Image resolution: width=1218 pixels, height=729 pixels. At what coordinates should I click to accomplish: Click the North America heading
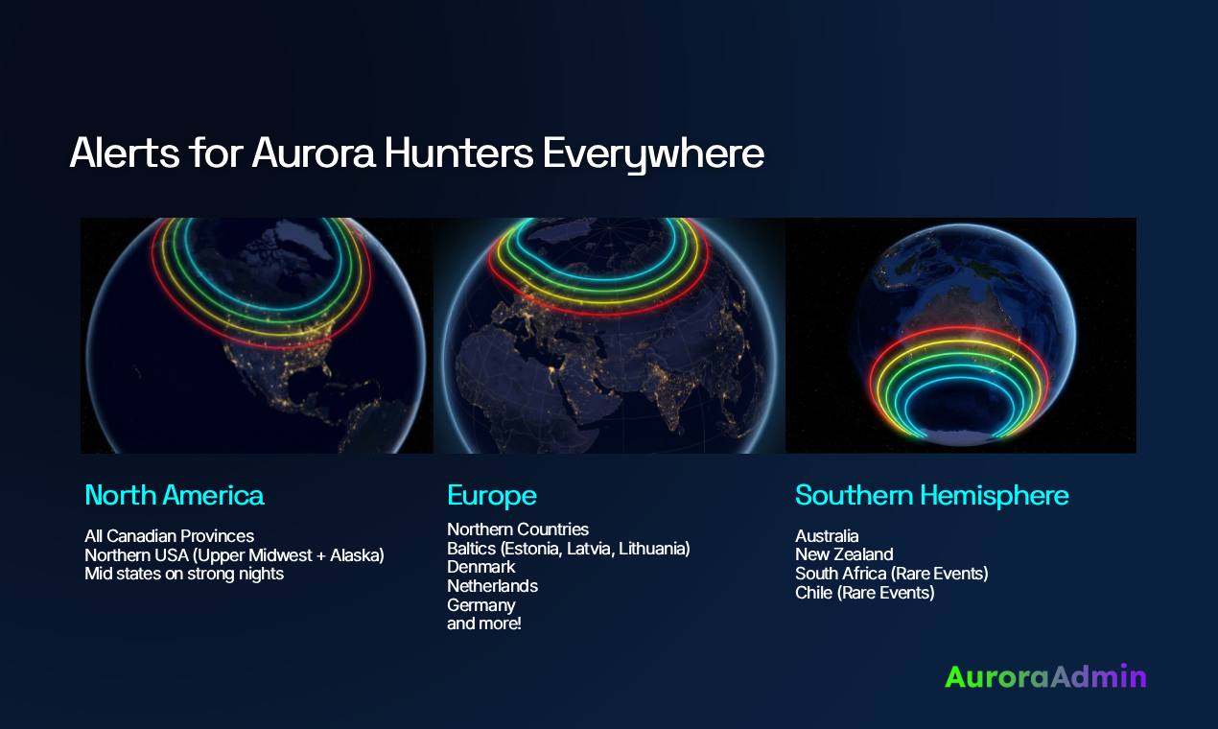pos(174,496)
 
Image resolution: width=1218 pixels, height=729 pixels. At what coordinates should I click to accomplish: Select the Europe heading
pos(491,496)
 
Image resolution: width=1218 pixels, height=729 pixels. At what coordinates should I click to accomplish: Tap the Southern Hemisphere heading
pos(931,496)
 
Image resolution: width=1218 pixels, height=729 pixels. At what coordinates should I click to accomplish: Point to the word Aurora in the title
pos(312,154)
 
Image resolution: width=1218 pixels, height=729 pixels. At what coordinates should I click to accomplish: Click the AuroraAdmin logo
pos(1045,676)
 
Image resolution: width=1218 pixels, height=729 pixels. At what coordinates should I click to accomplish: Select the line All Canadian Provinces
pos(169,536)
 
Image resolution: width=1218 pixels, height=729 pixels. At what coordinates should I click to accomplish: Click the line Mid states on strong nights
pos(184,575)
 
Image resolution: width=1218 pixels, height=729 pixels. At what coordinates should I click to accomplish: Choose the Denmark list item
pos(480,568)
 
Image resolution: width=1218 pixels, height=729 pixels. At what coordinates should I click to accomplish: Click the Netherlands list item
pos(492,586)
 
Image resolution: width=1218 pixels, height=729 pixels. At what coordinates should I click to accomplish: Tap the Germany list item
pos(480,605)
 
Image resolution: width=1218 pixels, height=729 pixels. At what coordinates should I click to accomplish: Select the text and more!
pos(483,624)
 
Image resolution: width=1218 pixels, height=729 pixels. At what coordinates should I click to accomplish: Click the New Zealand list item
pos(844,554)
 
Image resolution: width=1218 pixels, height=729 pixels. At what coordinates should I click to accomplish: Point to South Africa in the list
pos(838,574)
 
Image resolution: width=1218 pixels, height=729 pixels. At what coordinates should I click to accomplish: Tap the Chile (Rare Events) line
pos(864,593)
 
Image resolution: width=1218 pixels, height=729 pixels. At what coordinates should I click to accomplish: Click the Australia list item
pos(827,536)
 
